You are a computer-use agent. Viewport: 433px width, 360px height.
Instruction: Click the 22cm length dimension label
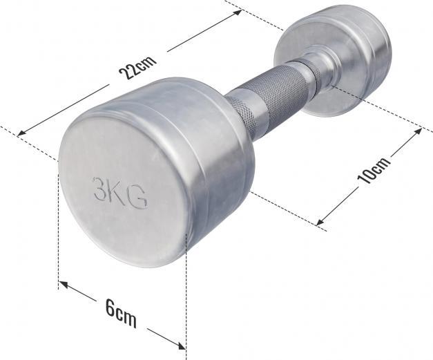pyautogui.click(x=137, y=68)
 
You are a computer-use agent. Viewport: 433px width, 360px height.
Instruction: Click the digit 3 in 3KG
pyautogui.click(x=101, y=188)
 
